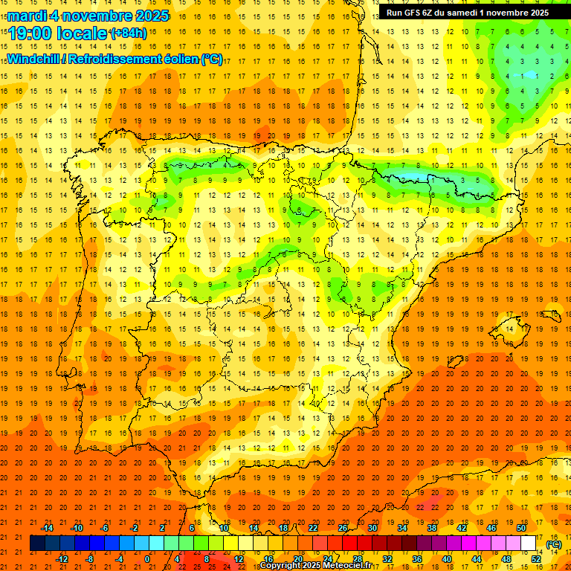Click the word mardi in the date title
point(28,16)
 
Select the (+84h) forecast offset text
point(128,33)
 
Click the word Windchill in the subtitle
point(34,59)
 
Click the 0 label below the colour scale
point(147,559)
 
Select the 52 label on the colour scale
point(535,559)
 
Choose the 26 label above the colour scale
point(343,527)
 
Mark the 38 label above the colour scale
point(432,527)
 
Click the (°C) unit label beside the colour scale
point(553,544)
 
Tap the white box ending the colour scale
point(528,543)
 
